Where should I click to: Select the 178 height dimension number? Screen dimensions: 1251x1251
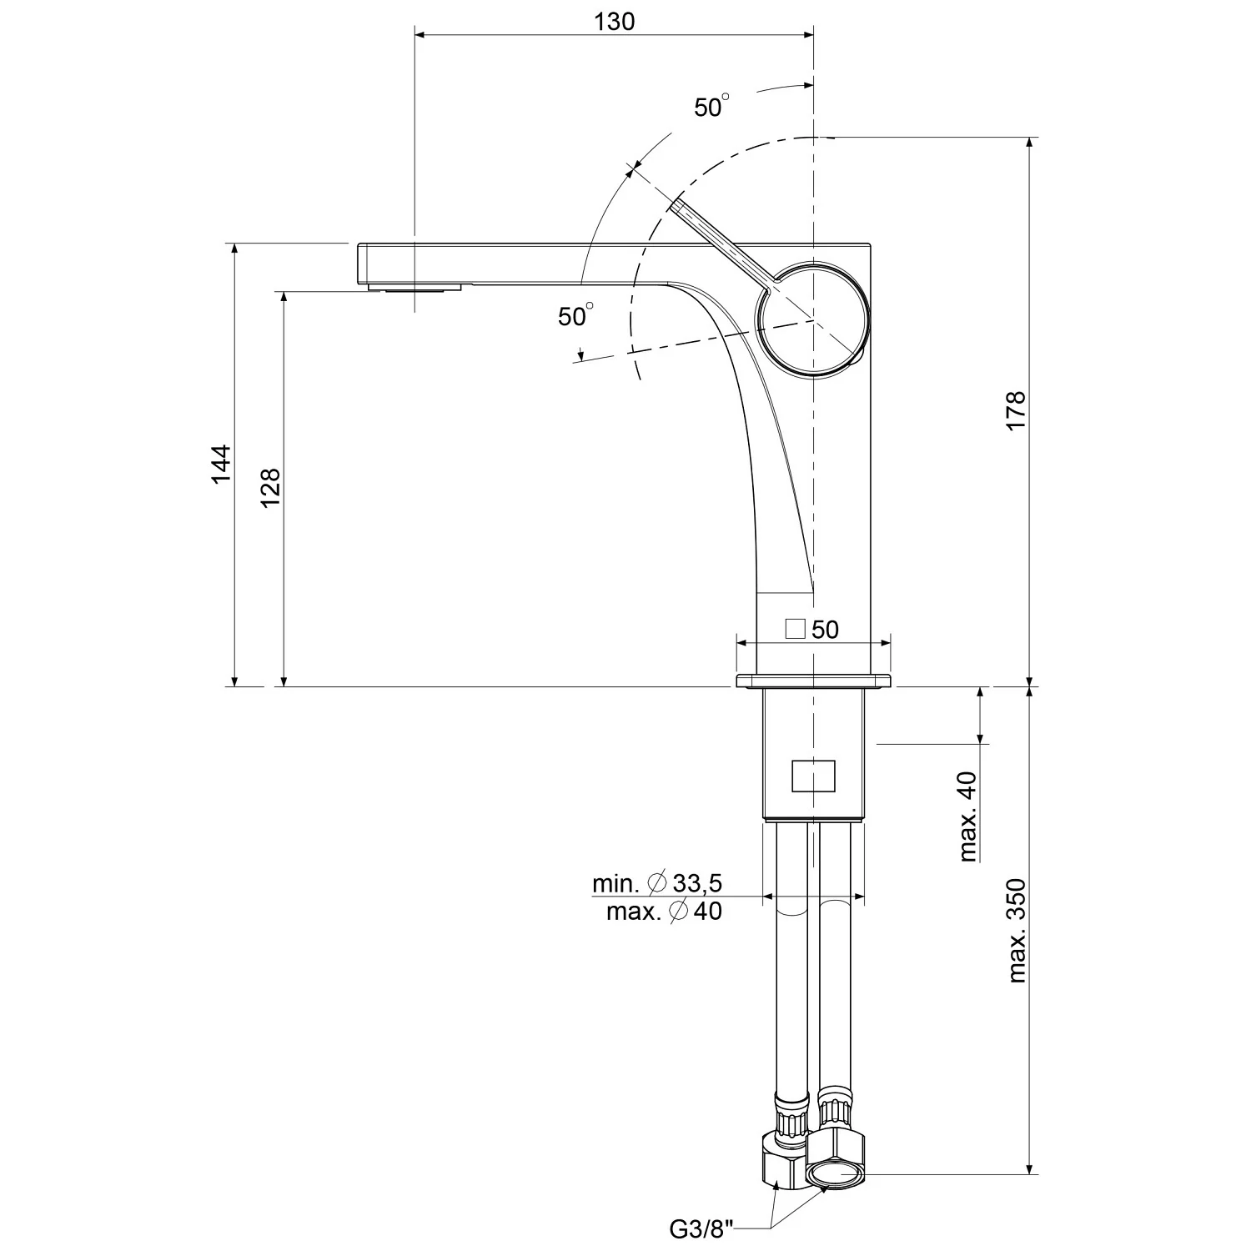click(x=1015, y=410)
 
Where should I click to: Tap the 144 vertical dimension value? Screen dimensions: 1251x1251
click(x=220, y=464)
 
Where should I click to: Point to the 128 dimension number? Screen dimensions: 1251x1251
click(x=270, y=488)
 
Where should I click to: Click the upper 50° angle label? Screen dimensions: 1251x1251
click(x=711, y=107)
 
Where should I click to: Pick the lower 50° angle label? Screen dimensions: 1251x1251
click(x=575, y=315)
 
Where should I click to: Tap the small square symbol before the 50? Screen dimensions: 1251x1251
click(x=796, y=629)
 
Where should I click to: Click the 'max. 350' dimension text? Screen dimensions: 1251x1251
click(x=1017, y=931)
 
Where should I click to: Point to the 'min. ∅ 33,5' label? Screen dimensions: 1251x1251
click(x=657, y=882)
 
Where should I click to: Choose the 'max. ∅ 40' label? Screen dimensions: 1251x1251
click(x=664, y=912)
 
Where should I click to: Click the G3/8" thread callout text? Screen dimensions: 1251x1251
click(x=703, y=1228)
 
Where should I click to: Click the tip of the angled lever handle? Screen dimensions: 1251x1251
click(x=678, y=203)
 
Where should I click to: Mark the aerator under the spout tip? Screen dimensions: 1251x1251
click(x=414, y=288)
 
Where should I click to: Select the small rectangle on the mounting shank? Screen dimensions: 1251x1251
click(x=813, y=776)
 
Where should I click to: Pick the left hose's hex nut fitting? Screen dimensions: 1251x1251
click(x=785, y=1158)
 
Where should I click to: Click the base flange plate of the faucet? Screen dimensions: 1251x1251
click(x=814, y=681)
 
